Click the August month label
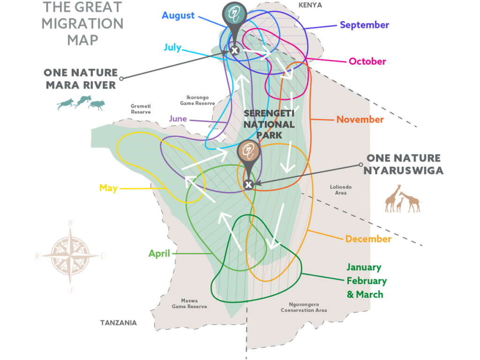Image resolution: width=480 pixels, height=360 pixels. (x=178, y=15)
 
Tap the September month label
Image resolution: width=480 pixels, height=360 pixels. (x=365, y=25)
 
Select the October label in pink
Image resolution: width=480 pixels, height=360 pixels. (x=367, y=61)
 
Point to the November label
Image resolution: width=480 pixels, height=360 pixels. (x=360, y=120)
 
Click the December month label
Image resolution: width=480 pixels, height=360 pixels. (x=368, y=239)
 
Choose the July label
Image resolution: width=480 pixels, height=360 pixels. (x=172, y=47)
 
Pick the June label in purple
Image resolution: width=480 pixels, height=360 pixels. (x=178, y=119)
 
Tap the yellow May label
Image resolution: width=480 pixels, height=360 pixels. (x=108, y=188)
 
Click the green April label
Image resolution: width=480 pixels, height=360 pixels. (x=159, y=254)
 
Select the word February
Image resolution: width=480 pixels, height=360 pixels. (x=367, y=281)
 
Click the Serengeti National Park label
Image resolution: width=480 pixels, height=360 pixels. (x=269, y=124)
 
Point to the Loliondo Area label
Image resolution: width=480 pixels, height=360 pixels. (x=341, y=190)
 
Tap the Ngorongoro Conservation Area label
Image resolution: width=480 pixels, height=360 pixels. (x=304, y=307)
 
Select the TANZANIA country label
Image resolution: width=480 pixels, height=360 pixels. (x=119, y=322)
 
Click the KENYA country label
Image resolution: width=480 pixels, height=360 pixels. (x=311, y=6)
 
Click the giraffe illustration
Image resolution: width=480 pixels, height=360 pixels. (x=403, y=199)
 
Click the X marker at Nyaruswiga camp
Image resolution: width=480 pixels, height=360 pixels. (x=249, y=185)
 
